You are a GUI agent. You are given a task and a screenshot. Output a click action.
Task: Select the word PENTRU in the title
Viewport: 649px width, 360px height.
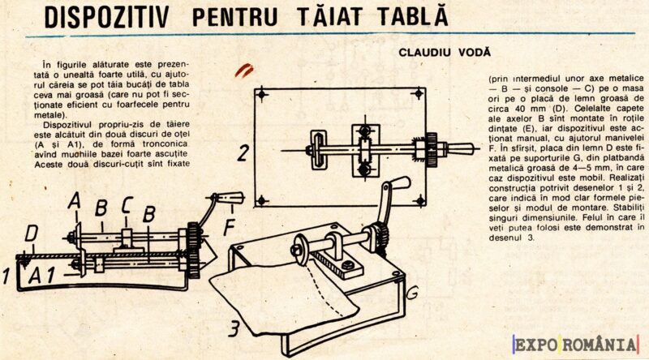coord(241,17)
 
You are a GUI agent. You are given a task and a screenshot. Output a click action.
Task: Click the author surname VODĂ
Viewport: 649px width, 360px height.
coord(474,52)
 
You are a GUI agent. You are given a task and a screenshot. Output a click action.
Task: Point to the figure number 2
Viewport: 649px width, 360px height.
coord(243,151)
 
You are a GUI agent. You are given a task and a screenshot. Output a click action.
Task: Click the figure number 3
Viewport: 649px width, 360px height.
coord(233,329)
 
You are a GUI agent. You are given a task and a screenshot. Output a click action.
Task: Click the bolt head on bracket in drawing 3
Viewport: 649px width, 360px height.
coord(349,264)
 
